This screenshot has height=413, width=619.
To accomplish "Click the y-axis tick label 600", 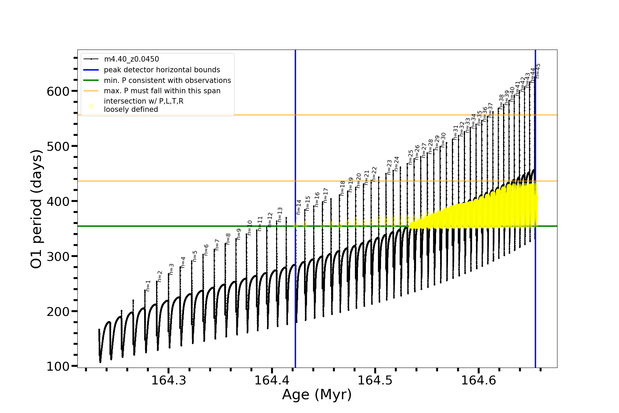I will coord(58,91).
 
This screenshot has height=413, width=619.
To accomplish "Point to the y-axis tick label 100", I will coord(58,367).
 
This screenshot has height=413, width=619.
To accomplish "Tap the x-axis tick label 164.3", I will coord(169,380).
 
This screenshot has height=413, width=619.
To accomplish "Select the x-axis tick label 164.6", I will coord(478,380).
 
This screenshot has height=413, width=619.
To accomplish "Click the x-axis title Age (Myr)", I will coord(317,395).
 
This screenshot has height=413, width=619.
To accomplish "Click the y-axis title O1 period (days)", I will coord(36,209).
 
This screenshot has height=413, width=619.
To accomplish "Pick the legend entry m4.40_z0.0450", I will coord(131,59).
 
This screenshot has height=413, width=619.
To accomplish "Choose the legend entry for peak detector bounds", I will coord(162,70).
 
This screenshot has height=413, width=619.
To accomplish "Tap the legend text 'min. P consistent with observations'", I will coord(167,81).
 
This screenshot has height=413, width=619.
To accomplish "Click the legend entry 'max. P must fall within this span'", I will coord(162,91).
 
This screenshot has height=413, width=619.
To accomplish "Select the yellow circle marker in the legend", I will coord(91,106).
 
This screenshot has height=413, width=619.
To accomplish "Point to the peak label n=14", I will coord(299,207).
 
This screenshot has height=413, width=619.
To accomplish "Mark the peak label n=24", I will coord(397,164).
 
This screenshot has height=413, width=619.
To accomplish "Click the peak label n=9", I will coord(239,234).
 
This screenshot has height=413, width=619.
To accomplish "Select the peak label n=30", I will coord(443,140).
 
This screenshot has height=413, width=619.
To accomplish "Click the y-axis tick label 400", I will coord(58,201).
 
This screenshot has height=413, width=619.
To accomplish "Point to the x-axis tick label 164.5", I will coord(375,380).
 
